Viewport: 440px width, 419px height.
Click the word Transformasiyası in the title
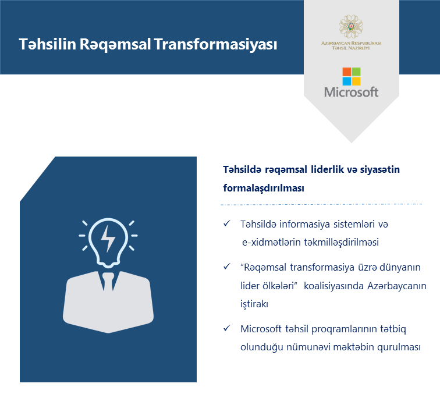click(x=215, y=45)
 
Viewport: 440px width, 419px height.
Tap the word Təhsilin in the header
click(x=47, y=44)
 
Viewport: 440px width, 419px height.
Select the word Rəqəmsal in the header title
click(x=115, y=45)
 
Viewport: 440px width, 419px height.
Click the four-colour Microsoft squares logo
click(x=352, y=76)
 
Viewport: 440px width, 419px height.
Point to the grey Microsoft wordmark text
click(x=352, y=92)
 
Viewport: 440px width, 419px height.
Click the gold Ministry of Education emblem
click(x=351, y=27)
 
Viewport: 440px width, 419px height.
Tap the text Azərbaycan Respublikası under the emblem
click(x=352, y=43)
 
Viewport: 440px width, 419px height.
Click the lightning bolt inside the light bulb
click(x=108, y=239)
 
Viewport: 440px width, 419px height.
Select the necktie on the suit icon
click(x=108, y=282)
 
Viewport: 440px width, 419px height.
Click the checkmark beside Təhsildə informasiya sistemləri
click(x=227, y=223)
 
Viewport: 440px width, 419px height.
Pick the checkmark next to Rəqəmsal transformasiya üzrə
click(x=227, y=267)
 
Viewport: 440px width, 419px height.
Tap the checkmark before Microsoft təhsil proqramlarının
click(x=227, y=328)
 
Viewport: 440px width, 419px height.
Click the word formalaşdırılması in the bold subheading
click(x=264, y=188)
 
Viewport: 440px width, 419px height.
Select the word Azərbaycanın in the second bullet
click(x=397, y=286)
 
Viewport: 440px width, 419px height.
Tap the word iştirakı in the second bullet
click(x=254, y=304)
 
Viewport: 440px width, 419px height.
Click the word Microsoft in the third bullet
click(x=261, y=329)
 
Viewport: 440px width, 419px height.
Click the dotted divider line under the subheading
click(x=322, y=204)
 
